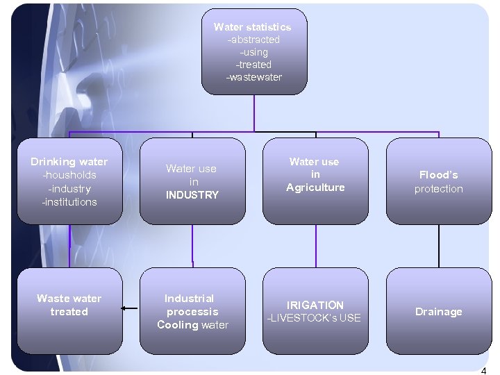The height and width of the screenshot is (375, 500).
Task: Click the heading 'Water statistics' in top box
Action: point(253,27)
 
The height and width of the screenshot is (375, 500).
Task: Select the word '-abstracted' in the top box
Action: point(254,40)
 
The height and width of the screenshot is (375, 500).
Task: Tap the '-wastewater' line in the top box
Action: point(254,77)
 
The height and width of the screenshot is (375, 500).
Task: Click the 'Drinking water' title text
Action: point(69,162)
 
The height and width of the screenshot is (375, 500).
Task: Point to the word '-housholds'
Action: point(69,175)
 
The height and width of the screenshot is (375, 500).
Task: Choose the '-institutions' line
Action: point(69,202)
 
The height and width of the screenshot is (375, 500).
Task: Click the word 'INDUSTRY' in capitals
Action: point(192,195)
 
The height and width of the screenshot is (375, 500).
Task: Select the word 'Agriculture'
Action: point(315,187)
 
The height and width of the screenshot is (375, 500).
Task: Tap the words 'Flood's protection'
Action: point(438,182)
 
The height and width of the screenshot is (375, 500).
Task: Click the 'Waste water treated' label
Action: point(69,305)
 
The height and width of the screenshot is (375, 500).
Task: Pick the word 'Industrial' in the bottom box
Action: point(190,299)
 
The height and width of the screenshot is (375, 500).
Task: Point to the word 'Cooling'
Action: point(178,325)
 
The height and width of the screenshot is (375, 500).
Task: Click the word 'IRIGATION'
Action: point(315,305)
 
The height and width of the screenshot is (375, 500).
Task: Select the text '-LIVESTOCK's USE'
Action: point(315,318)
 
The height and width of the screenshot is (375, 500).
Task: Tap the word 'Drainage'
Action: point(438,312)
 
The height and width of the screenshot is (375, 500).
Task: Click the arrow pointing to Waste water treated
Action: point(128,308)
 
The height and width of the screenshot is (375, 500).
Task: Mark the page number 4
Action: point(483,370)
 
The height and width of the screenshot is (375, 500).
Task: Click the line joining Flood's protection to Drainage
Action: point(439,246)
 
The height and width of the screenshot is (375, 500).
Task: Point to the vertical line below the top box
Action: point(254,112)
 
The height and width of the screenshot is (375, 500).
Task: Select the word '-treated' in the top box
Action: point(254,65)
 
